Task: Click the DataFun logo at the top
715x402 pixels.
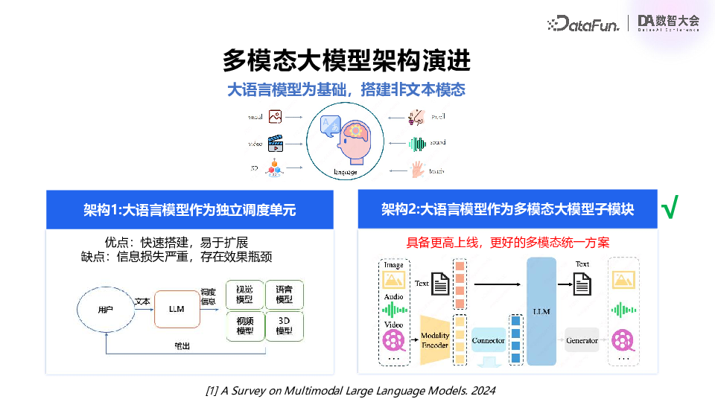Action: pyautogui.click(x=584, y=24)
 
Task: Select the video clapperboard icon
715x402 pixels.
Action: pyautogui.click(x=276, y=143)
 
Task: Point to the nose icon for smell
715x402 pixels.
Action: pyautogui.click(x=414, y=117)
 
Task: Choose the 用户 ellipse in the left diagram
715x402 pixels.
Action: pyautogui.click(x=107, y=308)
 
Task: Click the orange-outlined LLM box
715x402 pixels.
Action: pyautogui.click(x=177, y=308)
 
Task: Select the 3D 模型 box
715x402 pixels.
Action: pyautogui.click(x=285, y=325)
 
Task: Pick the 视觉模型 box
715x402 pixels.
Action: pyautogui.click(x=244, y=294)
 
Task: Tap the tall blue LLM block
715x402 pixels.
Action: pyautogui.click(x=541, y=311)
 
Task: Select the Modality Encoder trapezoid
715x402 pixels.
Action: pyautogui.click(x=434, y=340)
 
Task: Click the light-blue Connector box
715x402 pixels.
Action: pyautogui.click(x=489, y=340)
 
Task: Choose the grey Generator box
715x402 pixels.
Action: pyautogui.click(x=582, y=340)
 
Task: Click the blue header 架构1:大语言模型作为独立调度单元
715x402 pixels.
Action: pyautogui.click(x=189, y=210)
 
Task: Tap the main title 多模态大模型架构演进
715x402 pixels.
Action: pyautogui.click(x=347, y=60)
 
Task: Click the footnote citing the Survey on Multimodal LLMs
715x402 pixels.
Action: pyautogui.click(x=349, y=390)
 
